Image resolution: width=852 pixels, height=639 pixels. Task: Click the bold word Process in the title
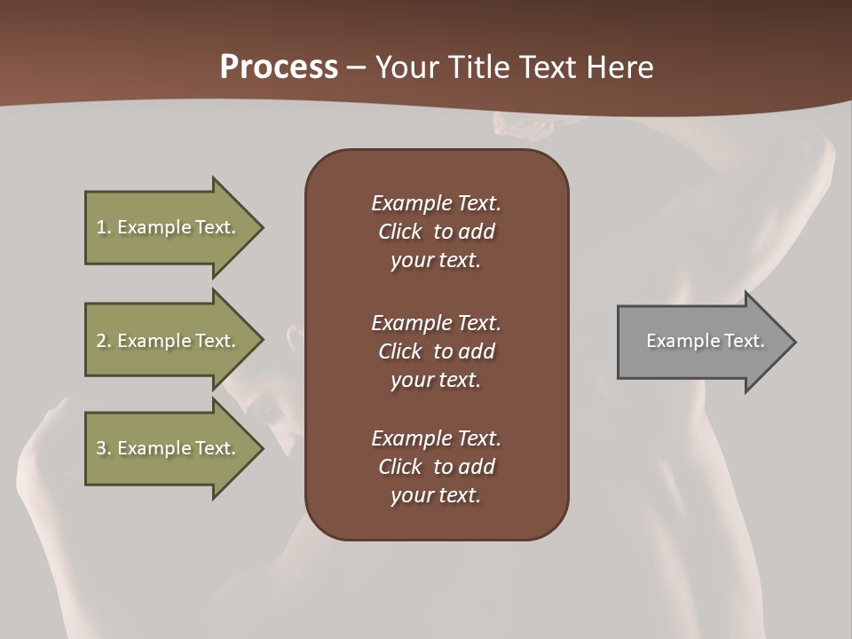pos(279,67)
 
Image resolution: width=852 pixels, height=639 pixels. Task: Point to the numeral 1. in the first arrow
pos(104,227)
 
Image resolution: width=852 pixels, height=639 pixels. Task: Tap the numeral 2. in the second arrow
pos(104,341)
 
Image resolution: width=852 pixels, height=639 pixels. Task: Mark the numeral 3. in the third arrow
pos(104,448)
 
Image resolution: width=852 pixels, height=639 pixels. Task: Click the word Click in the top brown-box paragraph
pos(400,232)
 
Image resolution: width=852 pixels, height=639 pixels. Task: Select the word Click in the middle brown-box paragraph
pos(400,351)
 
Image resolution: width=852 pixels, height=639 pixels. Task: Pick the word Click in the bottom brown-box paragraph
pos(400,467)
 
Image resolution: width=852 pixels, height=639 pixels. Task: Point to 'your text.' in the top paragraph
pos(436,261)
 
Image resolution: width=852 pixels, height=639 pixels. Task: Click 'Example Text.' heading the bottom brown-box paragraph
pos(436,438)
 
